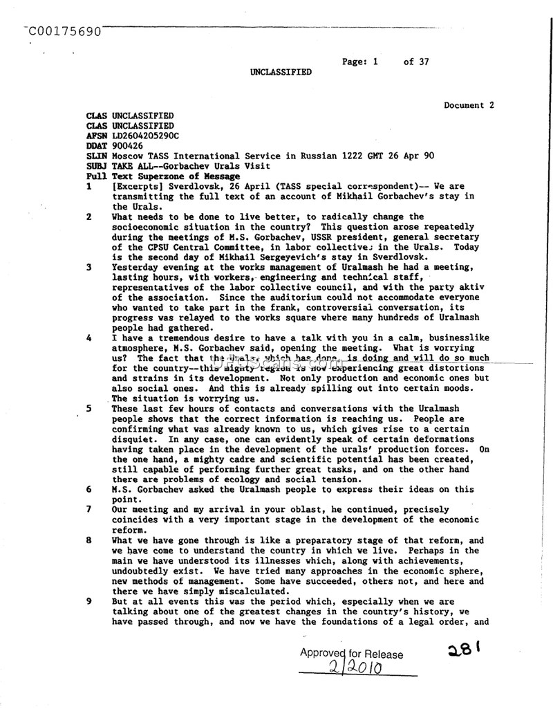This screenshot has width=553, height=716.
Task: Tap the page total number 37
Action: coord(423,62)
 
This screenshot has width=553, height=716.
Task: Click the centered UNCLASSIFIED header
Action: coord(281,72)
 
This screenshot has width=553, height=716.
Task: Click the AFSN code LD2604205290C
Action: coord(145,136)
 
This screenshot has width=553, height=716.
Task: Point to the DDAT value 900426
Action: coord(128,146)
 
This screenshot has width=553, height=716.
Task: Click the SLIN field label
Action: coord(97,156)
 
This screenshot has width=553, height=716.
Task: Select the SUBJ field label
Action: coord(97,167)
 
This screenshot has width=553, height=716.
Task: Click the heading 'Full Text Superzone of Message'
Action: coord(163,176)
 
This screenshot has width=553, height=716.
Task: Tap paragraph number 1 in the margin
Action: coord(89,187)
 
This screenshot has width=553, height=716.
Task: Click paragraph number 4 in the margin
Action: coord(89,338)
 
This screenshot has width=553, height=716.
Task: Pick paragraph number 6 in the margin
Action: coord(89,490)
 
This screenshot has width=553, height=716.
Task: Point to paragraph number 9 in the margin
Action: coord(89,601)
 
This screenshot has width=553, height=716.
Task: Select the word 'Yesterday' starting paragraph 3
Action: coord(135,267)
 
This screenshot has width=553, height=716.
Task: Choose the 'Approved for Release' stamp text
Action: coord(352,654)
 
